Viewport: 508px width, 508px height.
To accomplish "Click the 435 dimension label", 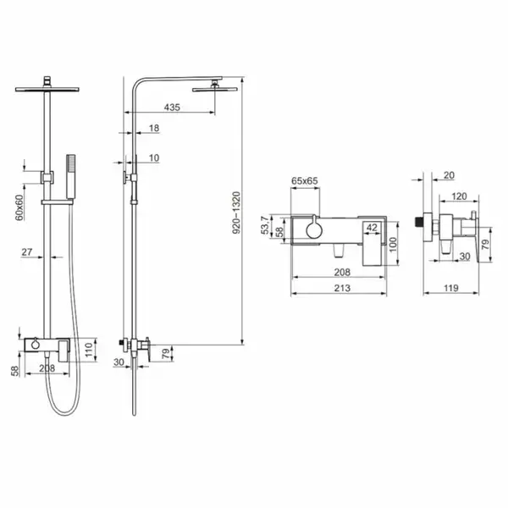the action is click(172, 108).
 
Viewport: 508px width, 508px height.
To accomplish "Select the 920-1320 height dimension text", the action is click(236, 213).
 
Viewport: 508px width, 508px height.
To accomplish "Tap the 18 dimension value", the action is click(154, 129).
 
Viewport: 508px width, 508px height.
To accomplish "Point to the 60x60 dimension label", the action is click(19, 207).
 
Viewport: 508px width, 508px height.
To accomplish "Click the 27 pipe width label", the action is click(27, 251).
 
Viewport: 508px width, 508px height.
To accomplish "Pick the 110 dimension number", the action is click(88, 350).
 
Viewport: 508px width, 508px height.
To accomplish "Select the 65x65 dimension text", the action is click(305, 181).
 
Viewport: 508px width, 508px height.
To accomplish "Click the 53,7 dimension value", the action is click(265, 225).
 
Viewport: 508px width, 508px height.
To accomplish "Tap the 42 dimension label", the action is click(372, 228).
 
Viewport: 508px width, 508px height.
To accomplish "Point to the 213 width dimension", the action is click(342, 288).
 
